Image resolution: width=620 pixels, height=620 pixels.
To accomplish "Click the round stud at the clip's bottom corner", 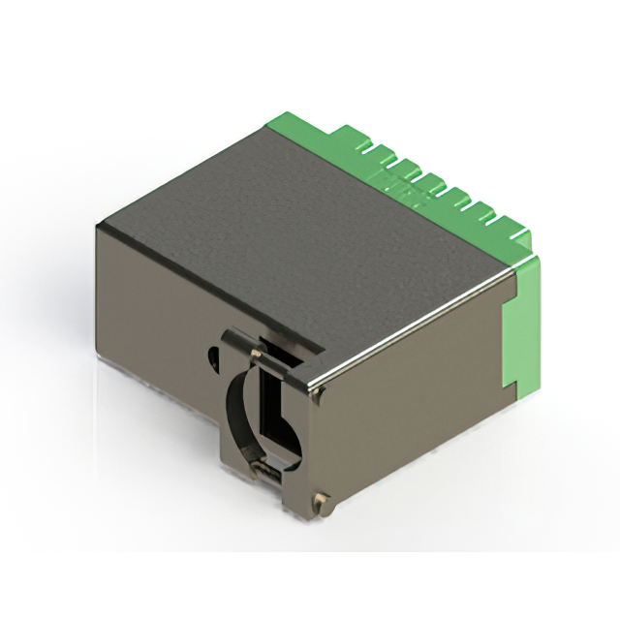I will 321,501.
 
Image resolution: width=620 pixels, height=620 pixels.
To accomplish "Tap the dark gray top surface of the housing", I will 291,232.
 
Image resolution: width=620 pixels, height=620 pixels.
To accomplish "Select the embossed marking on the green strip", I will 412,193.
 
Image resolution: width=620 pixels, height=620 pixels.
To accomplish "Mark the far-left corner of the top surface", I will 98,225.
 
